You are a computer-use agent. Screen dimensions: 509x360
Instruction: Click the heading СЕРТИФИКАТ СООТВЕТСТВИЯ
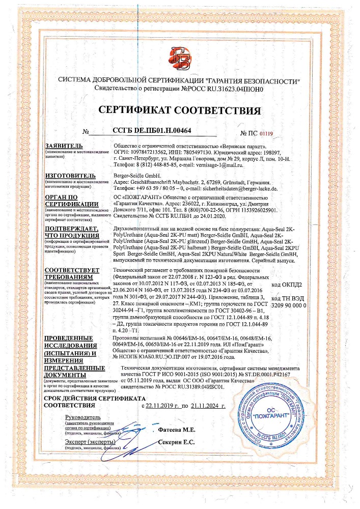180,110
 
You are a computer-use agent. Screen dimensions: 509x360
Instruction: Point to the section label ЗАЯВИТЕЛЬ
64,145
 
